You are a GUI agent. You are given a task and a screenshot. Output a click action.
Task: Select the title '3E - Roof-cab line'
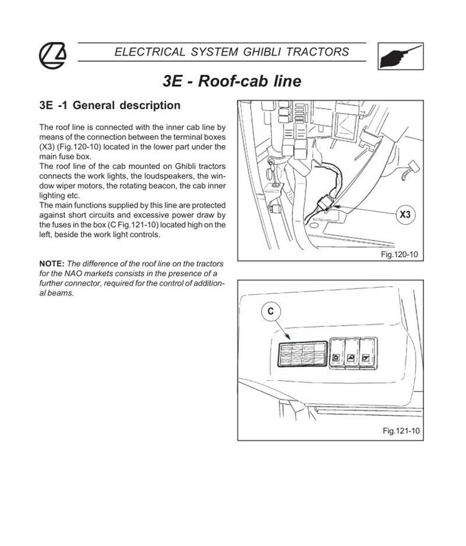[x=232, y=80]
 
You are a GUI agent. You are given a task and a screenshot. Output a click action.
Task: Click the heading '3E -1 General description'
[x=110, y=106]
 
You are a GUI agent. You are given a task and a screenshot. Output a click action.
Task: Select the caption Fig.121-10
[x=401, y=431]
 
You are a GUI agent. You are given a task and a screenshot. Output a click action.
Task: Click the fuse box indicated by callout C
[x=301, y=354]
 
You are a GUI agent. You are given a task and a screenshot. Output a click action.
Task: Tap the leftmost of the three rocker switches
[x=337, y=354]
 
